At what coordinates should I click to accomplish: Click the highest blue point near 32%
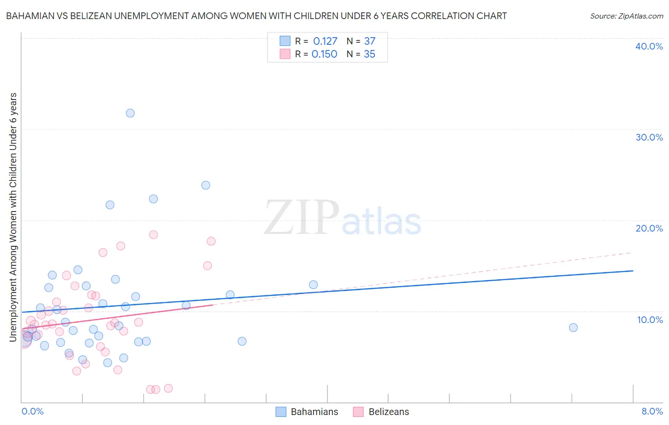130,113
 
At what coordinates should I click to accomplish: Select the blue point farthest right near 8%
573,327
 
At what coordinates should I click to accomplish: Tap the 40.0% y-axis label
649,46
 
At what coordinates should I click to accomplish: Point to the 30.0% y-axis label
649,137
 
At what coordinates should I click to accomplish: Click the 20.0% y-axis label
649,228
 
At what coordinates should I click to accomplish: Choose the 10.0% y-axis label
649,320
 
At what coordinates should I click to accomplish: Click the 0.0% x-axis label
32,411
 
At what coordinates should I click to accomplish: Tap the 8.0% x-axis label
652,411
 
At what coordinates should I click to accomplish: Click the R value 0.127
325,41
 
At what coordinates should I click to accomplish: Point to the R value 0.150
324,54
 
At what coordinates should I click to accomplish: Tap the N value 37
370,41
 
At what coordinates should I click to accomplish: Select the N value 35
369,54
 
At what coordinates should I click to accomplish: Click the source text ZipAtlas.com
640,16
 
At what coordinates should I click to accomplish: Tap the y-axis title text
13,217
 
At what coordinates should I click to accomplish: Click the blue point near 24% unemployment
206,185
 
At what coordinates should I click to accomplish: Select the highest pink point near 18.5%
153,234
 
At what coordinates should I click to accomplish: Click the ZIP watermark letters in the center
302,218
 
